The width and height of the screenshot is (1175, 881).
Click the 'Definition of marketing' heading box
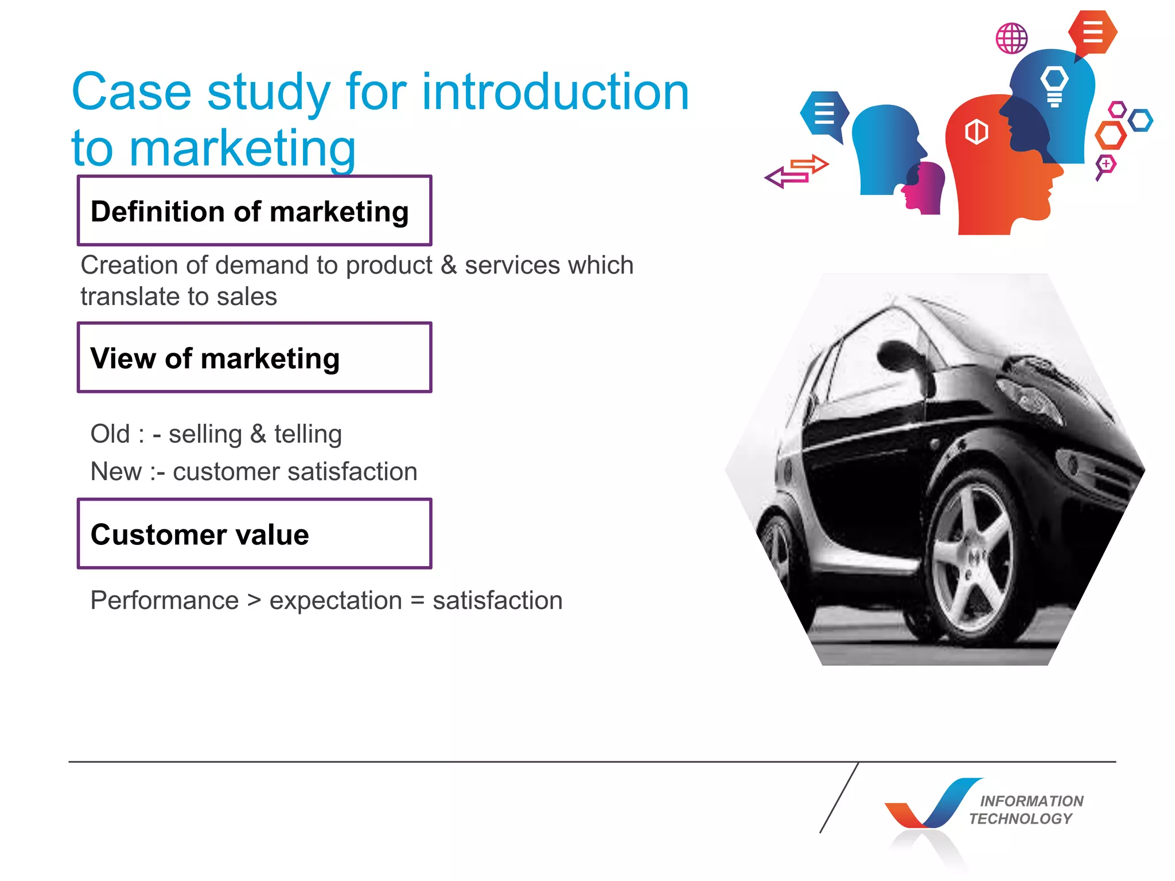click(254, 210)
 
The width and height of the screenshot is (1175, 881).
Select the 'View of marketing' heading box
click(254, 357)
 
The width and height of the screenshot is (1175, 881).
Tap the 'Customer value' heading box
click(254, 533)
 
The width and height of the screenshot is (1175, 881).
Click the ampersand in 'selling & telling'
click(258, 434)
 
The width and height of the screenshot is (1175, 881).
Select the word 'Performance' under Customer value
click(165, 601)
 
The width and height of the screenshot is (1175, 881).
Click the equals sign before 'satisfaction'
click(417, 601)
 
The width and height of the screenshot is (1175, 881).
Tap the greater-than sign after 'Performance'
click(254, 601)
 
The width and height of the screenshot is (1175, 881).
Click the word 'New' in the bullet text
click(116, 471)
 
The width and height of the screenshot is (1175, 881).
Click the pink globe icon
click(1011, 38)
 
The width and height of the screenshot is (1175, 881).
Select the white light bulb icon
click(1055, 85)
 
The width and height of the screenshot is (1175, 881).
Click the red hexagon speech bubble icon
click(1092, 33)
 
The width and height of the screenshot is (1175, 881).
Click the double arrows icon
click(797, 171)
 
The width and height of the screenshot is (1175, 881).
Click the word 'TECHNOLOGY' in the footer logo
click(1021, 818)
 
